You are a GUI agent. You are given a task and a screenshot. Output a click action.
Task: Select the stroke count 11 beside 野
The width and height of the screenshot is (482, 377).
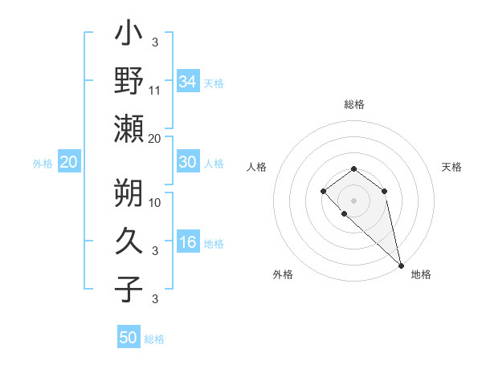(x=155, y=91)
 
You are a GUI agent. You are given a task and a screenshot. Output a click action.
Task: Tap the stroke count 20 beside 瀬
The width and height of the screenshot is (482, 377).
(x=155, y=138)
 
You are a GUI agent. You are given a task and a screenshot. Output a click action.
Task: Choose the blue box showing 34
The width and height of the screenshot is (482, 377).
(x=188, y=81)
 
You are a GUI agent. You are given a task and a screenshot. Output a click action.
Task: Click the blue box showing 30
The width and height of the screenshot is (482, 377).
(x=188, y=162)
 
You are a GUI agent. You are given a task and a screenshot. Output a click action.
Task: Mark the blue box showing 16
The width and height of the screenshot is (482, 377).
(x=188, y=243)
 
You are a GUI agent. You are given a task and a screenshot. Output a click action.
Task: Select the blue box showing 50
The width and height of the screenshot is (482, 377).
(x=129, y=338)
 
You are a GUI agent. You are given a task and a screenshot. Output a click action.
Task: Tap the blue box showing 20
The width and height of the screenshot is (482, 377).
(x=69, y=162)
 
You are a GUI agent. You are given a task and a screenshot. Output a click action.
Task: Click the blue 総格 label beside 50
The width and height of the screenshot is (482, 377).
(x=154, y=339)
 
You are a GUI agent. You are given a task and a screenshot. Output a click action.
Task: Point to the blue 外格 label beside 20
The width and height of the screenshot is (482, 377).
(x=43, y=164)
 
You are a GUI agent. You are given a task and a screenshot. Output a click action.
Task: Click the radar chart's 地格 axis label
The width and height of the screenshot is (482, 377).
(x=421, y=274)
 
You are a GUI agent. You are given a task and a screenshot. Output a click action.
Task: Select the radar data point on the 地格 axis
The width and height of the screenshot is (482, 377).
(x=401, y=265)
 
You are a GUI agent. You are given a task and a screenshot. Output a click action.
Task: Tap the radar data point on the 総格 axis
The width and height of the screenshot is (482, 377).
(x=353, y=168)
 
